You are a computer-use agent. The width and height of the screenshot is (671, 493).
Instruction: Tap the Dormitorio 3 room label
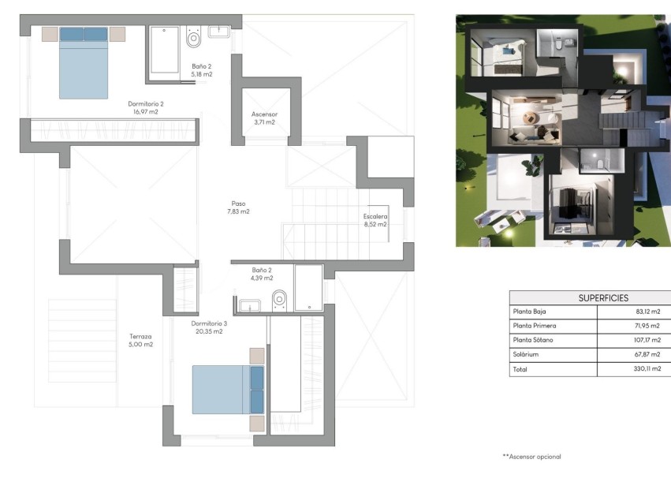tap(209, 327)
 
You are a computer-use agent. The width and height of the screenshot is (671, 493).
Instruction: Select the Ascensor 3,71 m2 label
tap(264, 118)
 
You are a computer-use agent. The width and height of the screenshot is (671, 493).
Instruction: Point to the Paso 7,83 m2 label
tap(238, 207)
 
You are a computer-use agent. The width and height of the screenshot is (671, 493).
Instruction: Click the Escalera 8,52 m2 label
tap(375, 220)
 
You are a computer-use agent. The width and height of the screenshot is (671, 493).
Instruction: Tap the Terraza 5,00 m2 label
tap(141, 341)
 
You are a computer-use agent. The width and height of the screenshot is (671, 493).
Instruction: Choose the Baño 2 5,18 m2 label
tap(202, 70)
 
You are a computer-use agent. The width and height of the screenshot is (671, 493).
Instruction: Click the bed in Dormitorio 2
tap(84, 62)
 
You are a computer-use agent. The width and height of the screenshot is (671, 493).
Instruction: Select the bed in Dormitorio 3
tap(227, 389)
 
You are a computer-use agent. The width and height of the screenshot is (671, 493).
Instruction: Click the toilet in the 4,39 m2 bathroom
tap(279, 300)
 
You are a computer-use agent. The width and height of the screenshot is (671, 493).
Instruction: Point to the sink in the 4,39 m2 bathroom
tap(251, 304)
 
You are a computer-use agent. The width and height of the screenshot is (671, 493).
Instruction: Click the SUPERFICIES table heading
tap(603, 298)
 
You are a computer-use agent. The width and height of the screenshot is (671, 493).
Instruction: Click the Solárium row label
tap(527, 354)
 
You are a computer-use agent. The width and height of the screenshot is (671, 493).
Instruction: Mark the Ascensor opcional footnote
tap(531, 456)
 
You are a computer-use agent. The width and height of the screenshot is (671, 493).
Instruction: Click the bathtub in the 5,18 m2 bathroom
tap(165, 50)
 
